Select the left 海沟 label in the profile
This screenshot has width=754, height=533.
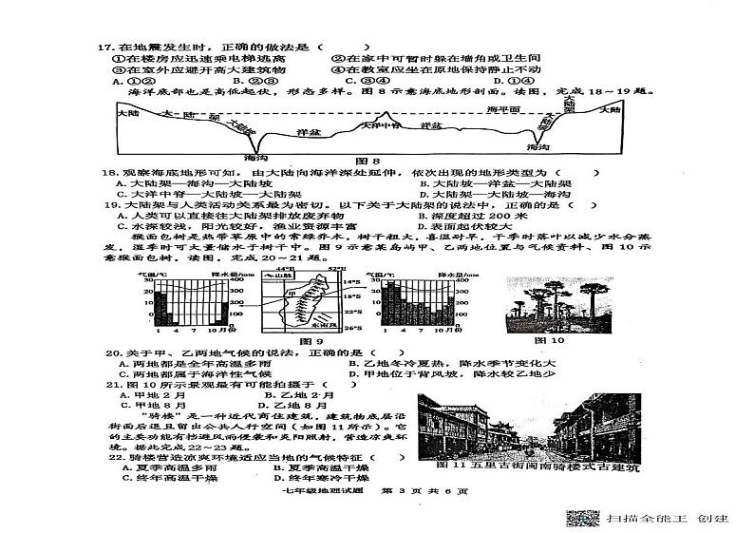pos(255,156)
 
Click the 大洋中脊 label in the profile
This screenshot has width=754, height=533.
pos(380,125)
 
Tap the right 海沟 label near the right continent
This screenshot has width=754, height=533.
pos(538,148)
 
